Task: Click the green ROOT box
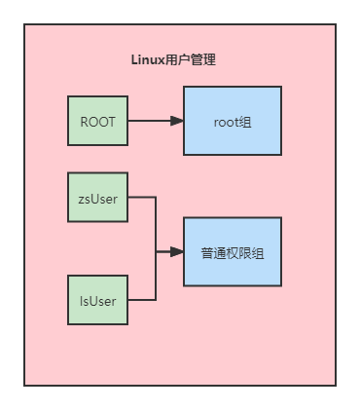(97, 121)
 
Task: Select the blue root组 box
(233, 121)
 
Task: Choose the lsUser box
(97, 300)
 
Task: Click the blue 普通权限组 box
(233, 251)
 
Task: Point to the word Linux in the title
(147, 59)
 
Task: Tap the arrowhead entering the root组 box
(177, 121)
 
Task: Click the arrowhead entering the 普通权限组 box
(177, 251)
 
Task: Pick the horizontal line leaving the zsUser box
(141, 197)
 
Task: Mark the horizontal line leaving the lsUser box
(141, 300)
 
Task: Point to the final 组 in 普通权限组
(259, 252)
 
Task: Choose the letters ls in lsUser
(84, 301)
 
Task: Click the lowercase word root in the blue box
(226, 122)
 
